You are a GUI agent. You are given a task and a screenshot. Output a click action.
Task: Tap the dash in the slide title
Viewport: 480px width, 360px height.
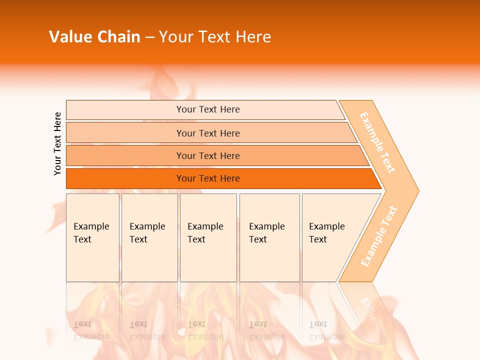pos(149,37)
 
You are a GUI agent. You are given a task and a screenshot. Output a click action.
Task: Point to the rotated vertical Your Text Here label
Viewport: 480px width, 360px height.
pos(57,143)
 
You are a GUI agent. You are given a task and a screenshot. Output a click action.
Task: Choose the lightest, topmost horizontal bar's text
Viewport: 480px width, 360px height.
pos(208,109)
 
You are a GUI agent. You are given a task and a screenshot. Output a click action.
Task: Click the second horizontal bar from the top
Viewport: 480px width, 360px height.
pos(208,133)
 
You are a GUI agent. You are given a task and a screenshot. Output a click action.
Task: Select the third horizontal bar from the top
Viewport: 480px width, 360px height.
pos(208,155)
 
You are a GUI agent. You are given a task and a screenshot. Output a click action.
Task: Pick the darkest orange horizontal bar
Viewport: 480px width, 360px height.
pos(208,178)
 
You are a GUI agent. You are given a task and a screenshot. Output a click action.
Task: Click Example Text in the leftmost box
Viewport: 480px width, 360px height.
pos(91,233)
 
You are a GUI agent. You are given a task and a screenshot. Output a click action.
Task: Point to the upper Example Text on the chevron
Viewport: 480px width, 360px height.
pos(377,142)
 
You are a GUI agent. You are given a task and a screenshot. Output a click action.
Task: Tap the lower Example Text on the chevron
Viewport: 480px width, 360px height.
pos(379,236)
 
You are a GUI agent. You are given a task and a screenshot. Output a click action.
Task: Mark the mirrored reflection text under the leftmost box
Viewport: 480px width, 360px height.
pos(91,330)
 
